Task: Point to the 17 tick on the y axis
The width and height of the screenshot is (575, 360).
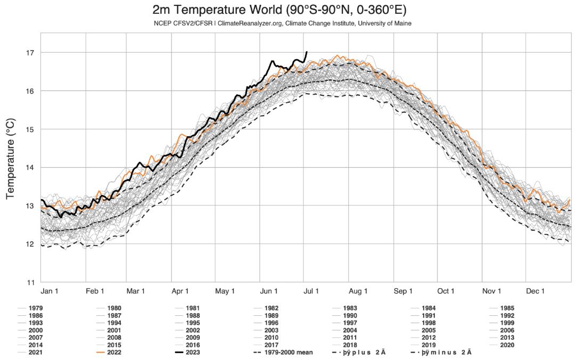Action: [x=30, y=52]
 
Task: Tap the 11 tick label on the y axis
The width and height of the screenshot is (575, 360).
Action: [x=30, y=282]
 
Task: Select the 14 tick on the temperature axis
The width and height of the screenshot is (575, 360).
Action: [x=30, y=167]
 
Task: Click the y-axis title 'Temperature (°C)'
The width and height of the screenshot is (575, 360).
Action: [x=11, y=159]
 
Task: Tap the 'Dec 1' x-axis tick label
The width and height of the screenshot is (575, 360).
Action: [x=535, y=291]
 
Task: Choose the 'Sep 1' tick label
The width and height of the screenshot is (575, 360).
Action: [x=403, y=291]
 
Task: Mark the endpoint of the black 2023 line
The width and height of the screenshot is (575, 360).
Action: [x=306, y=52]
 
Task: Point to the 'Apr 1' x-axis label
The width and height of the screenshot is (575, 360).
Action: [x=180, y=291]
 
